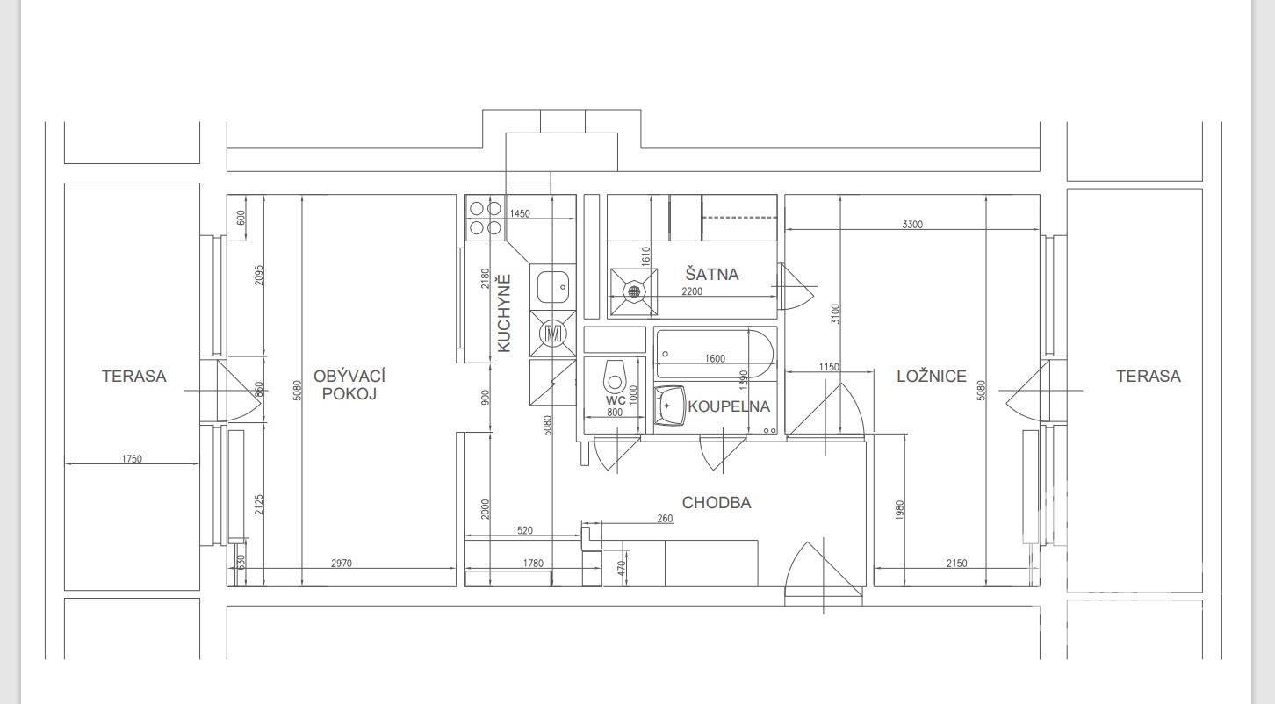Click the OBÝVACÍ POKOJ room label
point(349,384)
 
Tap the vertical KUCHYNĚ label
point(504,313)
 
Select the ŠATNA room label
point(712,275)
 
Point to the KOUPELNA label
point(729,406)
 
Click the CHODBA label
point(717,502)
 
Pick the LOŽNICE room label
point(932,377)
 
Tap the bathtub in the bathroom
point(716,354)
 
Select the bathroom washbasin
point(670,406)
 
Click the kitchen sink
point(552,287)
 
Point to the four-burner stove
point(486,219)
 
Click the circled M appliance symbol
point(552,334)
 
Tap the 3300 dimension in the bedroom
point(912,224)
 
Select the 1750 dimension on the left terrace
point(132,459)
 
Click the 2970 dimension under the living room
point(342,563)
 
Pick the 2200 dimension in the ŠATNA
point(692,291)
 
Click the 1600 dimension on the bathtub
point(715,358)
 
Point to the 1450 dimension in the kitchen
point(520,214)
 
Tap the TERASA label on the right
point(1148,377)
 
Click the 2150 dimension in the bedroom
point(957,563)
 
